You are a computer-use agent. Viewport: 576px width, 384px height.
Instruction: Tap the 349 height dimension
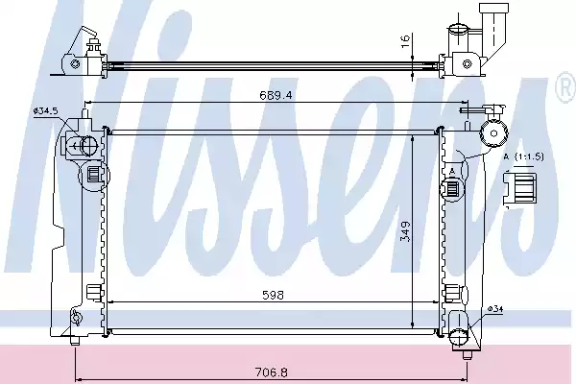(x=406, y=232)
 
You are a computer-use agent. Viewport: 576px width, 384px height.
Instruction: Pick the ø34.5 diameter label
(x=46, y=111)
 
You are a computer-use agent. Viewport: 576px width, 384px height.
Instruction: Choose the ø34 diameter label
(x=494, y=308)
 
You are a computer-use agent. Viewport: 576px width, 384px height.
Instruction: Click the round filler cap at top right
(x=497, y=132)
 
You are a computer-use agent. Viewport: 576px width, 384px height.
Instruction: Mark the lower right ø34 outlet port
(x=462, y=336)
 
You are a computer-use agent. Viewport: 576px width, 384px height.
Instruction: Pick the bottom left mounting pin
(x=76, y=339)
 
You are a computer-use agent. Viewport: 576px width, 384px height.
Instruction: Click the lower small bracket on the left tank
(x=92, y=291)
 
